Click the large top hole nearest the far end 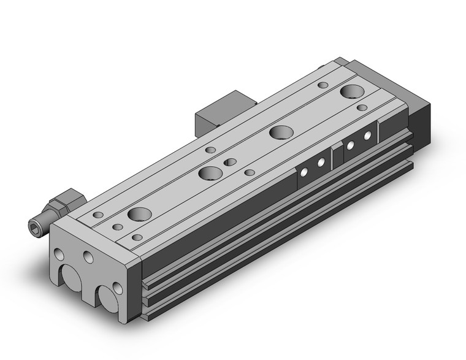coord(352,93)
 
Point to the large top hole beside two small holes coord(210,173)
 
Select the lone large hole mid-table coord(280,132)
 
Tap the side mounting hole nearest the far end coord(369,134)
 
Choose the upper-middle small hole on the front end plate coord(88,255)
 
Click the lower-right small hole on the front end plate coord(117,286)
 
